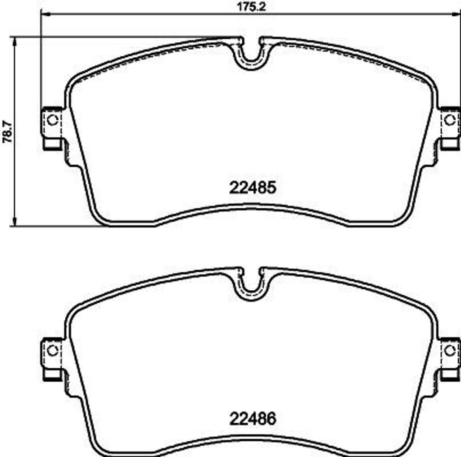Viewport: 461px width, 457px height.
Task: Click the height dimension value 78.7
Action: click(6, 131)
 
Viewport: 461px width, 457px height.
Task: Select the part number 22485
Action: click(252, 187)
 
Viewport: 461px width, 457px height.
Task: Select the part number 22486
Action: click(252, 419)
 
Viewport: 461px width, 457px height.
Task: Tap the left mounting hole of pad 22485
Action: click(53, 120)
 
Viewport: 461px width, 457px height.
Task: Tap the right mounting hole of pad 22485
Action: click(449, 120)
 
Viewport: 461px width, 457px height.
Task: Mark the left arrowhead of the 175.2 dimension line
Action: click(44, 14)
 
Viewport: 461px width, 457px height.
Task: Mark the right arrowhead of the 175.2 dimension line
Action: click(457, 14)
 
